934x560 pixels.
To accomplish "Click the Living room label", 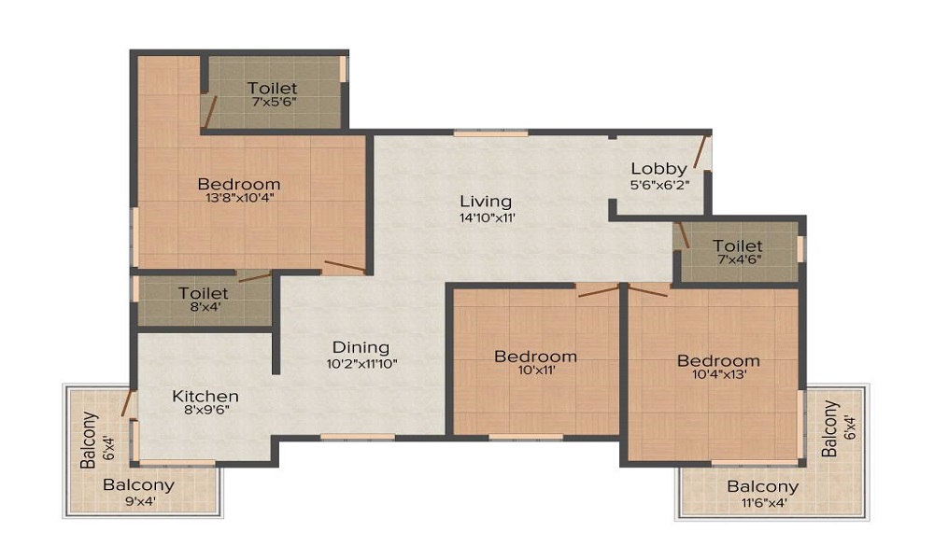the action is [x=486, y=203].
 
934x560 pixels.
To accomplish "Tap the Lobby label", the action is [x=658, y=169].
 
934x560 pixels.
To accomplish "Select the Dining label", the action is [x=361, y=347].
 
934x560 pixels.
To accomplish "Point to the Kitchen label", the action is [x=205, y=397].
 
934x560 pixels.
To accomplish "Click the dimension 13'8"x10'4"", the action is [x=239, y=198].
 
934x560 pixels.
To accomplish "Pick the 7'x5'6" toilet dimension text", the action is [x=274, y=102].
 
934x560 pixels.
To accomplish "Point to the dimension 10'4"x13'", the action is [x=719, y=374].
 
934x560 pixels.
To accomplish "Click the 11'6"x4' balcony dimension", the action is [x=764, y=503].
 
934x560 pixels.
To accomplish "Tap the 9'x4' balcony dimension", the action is [x=140, y=501].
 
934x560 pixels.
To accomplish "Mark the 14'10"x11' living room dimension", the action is [x=488, y=217].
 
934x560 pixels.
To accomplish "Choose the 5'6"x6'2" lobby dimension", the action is [x=660, y=185].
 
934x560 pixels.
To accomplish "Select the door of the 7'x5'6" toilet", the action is [x=209, y=111].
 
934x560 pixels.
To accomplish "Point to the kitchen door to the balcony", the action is [x=127, y=403].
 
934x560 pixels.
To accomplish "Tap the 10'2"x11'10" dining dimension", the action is [x=362, y=363].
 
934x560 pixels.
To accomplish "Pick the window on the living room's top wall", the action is [x=491, y=133].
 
